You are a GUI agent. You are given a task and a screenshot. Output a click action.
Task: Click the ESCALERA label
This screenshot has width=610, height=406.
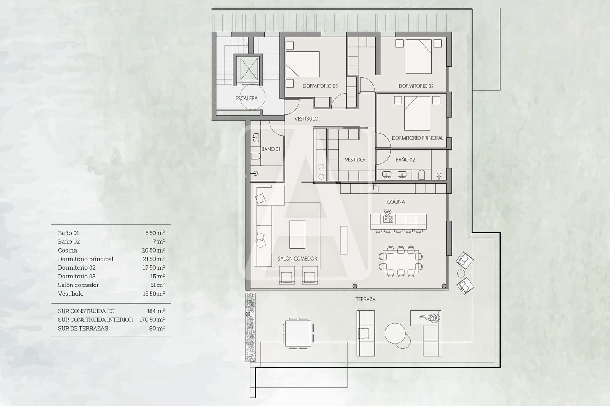(246, 98)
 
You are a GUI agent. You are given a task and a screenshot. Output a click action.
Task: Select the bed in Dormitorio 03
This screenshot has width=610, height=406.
(302, 64)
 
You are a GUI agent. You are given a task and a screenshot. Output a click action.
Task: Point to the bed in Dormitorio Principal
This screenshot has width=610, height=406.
(417, 113)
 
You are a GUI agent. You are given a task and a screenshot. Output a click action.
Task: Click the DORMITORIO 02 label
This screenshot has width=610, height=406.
(416, 86)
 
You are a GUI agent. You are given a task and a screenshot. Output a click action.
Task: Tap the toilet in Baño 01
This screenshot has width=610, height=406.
(255, 156)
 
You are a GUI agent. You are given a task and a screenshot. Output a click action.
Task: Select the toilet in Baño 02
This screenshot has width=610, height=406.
(422, 175)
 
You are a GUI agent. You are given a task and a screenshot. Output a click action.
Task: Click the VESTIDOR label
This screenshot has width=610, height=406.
(356, 160)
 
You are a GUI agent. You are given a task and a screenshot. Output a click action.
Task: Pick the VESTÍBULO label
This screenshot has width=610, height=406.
(306, 119)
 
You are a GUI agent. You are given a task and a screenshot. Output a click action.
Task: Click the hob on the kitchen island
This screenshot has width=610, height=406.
(388, 219)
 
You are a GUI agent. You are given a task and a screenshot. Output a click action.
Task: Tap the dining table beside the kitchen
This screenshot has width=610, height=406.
(401, 261)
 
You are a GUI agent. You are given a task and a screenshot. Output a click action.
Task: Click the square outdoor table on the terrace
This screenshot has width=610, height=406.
(298, 333)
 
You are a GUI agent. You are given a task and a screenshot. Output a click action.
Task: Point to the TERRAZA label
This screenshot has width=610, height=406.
(365, 299)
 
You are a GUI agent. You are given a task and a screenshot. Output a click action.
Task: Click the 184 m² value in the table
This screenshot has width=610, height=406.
(156, 311)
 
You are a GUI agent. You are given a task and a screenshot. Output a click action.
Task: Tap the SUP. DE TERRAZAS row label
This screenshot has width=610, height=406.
(83, 328)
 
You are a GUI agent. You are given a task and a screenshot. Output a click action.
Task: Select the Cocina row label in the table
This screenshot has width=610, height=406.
(67, 250)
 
